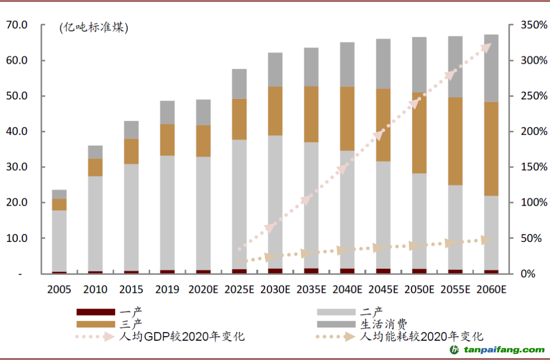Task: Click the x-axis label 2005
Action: click(59, 290)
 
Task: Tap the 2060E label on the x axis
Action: click(491, 290)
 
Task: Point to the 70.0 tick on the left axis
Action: click(17, 24)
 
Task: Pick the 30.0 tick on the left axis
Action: click(17, 167)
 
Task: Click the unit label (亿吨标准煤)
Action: click(94, 28)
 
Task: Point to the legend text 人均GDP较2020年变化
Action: click(181, 337)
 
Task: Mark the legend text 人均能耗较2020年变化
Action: click(422, 337)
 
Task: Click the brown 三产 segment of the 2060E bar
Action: click(491, 149)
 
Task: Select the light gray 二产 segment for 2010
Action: click(95, 224)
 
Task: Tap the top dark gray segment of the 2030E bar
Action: click(276, 69)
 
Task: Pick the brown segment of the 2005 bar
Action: click(59, 204)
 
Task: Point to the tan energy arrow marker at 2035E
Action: click(307, 253)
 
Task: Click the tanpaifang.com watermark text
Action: click(503, 350)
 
